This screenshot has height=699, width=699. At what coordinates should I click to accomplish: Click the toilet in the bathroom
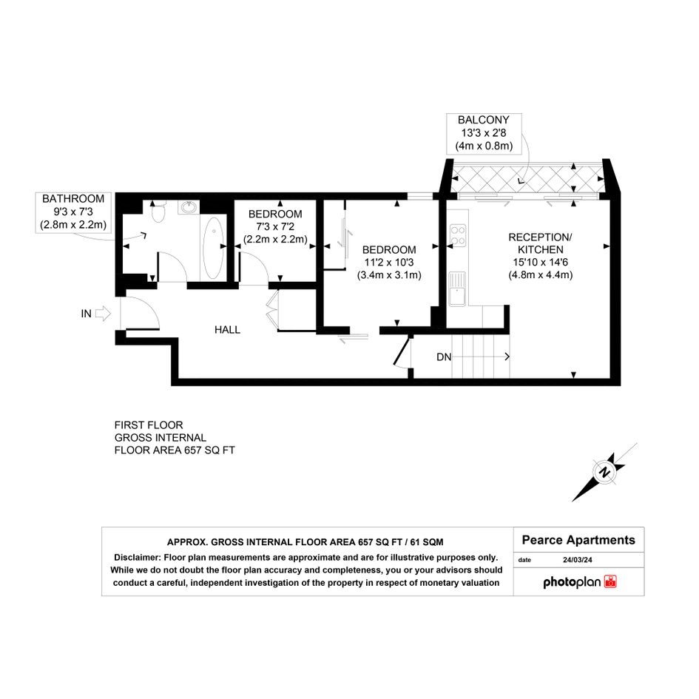coord(158,212)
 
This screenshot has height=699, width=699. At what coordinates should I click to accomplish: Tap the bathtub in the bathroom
coord(213,248)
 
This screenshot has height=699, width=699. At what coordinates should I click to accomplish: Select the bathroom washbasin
coord(189,207)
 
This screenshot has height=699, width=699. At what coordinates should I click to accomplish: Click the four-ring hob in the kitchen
coord(458,236)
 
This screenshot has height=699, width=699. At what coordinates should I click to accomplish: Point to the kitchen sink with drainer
coord(457,288)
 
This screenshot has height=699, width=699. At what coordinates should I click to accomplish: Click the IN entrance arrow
coord(103,314)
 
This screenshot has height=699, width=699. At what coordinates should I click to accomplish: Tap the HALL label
coord(227,330)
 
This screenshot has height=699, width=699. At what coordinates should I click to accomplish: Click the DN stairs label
coord(444,357)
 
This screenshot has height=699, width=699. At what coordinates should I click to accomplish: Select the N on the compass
coord(605,472)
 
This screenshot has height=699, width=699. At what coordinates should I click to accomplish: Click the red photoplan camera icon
coord(610,581)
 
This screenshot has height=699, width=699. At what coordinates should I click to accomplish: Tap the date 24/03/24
coord(577,560)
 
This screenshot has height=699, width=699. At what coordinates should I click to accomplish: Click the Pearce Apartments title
coord(578,540)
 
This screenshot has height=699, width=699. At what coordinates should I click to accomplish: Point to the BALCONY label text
coord(484,120)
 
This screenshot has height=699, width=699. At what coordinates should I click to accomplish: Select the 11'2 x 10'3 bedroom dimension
coord(389,263)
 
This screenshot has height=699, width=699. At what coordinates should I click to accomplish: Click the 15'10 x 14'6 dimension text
coord(541,262)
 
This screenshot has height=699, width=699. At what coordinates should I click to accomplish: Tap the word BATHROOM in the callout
coord(73,199)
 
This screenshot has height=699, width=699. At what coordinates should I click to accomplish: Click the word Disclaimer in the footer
coord(137,557)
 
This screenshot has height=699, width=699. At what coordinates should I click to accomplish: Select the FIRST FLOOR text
coord(149,425)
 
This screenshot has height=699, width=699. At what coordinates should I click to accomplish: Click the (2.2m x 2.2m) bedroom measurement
coord(275,239)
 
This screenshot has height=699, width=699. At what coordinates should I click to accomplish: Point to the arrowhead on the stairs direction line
coord(507,357)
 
